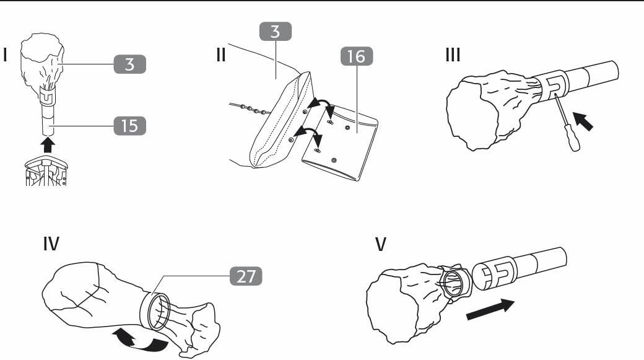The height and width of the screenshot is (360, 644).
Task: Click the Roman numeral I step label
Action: tap(6, 55)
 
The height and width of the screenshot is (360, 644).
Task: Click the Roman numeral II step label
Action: tap(221, 55)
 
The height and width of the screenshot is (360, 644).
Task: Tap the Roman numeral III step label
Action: tap(453, 55)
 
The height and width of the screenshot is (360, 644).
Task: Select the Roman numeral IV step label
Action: tap(51, 244)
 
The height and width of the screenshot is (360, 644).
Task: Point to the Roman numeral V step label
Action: tap(381, 244)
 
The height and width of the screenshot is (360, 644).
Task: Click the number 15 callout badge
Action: tap(130, 126)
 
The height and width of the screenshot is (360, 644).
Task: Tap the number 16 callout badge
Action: tap(357, 56)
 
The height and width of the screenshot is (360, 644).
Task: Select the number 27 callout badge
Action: tap(246, 276)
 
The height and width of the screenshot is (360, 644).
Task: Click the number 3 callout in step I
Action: tap(130, 64)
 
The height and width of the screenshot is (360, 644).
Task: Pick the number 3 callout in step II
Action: tap(275, 31)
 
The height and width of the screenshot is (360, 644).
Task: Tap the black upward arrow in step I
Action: tap(48, 144)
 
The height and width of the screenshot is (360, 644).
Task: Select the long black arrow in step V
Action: tap(490, 309)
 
